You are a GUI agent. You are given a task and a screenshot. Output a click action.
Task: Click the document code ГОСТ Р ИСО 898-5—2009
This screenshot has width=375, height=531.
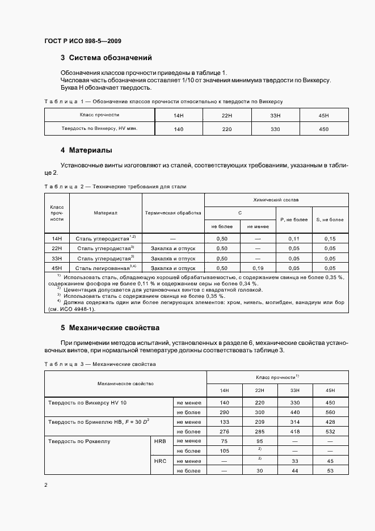click(x=82, y=41)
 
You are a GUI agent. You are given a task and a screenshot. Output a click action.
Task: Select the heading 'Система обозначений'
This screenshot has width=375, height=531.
click(x=110, y=58)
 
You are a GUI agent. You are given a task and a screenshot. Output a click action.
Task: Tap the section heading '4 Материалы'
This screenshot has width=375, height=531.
click(x=86, y=151)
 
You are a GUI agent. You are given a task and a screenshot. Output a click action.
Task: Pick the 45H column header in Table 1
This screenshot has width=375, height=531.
click(x=324, y=115)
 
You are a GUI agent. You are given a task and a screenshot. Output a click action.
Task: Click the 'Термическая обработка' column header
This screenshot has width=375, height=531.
click(x=173, y=213)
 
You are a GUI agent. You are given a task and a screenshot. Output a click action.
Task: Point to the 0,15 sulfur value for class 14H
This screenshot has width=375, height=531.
click(x=330, y=239)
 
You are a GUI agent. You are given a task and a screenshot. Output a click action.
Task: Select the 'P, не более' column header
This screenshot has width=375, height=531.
click(x=293, y=219)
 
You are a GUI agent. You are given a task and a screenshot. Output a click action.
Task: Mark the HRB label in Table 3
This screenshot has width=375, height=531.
click(x=160, y=440)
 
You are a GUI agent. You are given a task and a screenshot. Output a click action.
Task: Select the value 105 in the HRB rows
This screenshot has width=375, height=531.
click(x=224, y=450)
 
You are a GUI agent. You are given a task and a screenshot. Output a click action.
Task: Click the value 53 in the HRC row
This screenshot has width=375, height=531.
click(x=331, y=471)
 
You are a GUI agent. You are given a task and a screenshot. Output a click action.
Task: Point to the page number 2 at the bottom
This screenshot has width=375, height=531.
click(x=46, y=486)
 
